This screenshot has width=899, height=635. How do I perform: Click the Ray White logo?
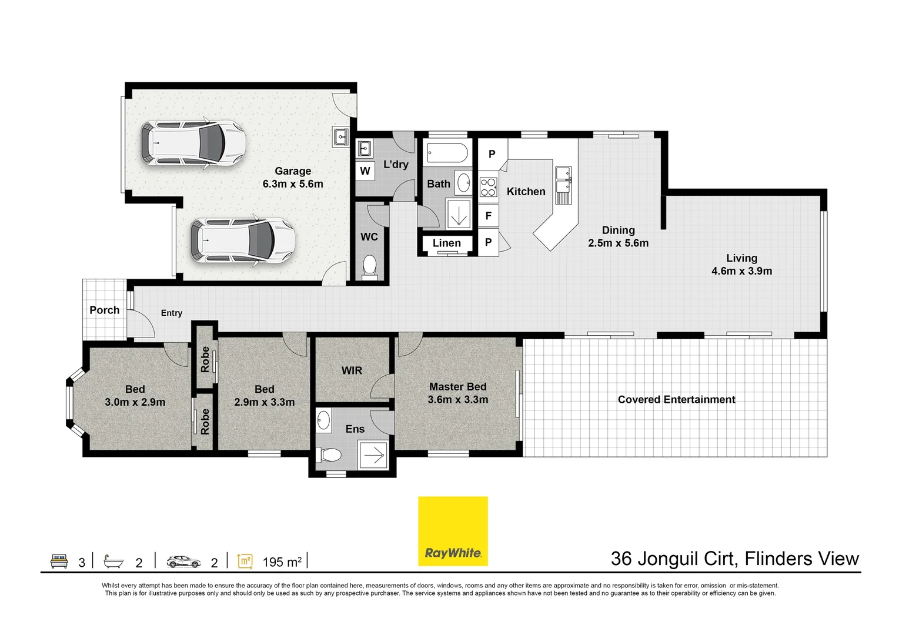point(453,531)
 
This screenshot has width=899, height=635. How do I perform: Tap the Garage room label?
point(293,171)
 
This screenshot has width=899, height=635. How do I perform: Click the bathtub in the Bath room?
point(447,153)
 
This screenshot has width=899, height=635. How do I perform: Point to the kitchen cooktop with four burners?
point(489,187)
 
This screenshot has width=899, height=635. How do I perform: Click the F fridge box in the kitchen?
point(489,216)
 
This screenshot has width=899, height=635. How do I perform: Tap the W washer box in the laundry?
point(365,171)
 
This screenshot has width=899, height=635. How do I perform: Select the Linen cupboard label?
point(447,243)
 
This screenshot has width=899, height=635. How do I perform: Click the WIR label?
point(352,370)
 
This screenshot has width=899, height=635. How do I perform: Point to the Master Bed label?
point(458,386)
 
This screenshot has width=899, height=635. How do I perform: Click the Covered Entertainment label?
point(676,399)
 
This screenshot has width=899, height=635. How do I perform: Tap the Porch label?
point(104,310)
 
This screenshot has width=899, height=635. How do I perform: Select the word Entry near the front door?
point(172,313)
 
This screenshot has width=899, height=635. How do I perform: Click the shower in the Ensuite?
point(373,455)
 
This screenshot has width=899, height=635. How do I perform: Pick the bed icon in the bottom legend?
point(59,561)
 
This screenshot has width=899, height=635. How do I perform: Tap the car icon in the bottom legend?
point(184,562)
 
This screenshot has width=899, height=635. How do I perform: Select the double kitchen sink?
point(563,185)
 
